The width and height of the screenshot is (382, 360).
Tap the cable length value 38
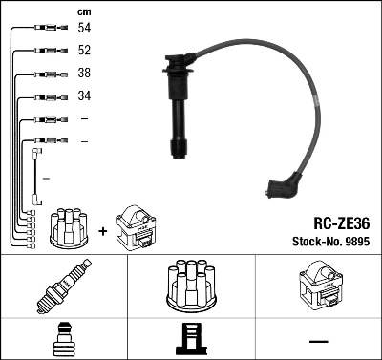[85, 74]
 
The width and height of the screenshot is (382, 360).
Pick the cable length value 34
[85, 96]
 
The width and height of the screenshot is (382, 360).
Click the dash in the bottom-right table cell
[318, 340]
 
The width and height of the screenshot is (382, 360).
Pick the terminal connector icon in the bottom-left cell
[64, 339]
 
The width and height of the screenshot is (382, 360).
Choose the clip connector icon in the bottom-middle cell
[191, 339]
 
